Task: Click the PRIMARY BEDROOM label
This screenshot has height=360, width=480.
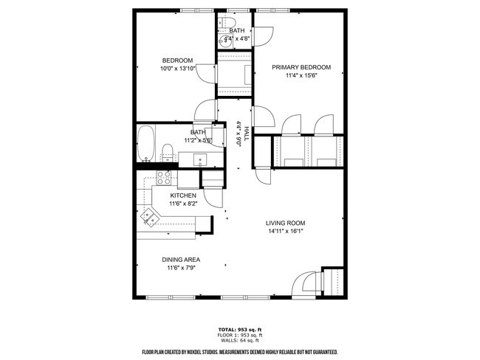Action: coord(301,67)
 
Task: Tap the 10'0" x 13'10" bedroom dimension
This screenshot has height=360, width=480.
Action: coord(177,69)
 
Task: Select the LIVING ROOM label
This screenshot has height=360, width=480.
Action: coord(285,223)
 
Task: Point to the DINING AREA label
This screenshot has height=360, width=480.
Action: coord(181,260)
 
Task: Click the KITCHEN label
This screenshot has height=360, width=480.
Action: coord(182,195)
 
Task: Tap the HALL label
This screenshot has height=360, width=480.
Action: coord(246,134)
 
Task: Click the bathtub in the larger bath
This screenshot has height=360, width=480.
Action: coord(146,143)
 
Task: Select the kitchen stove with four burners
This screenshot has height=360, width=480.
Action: coord(163,178)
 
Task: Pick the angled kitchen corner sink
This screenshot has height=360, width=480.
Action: coord(152,216)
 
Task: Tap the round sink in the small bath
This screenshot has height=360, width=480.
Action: coord(225,41)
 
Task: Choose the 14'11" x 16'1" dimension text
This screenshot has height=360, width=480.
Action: coord(285,231)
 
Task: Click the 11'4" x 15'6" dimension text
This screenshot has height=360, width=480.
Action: coord(301,75)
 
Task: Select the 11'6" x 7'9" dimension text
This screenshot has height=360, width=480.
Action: coord(181,268)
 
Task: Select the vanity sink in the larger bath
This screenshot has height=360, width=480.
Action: coord(200,159)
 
